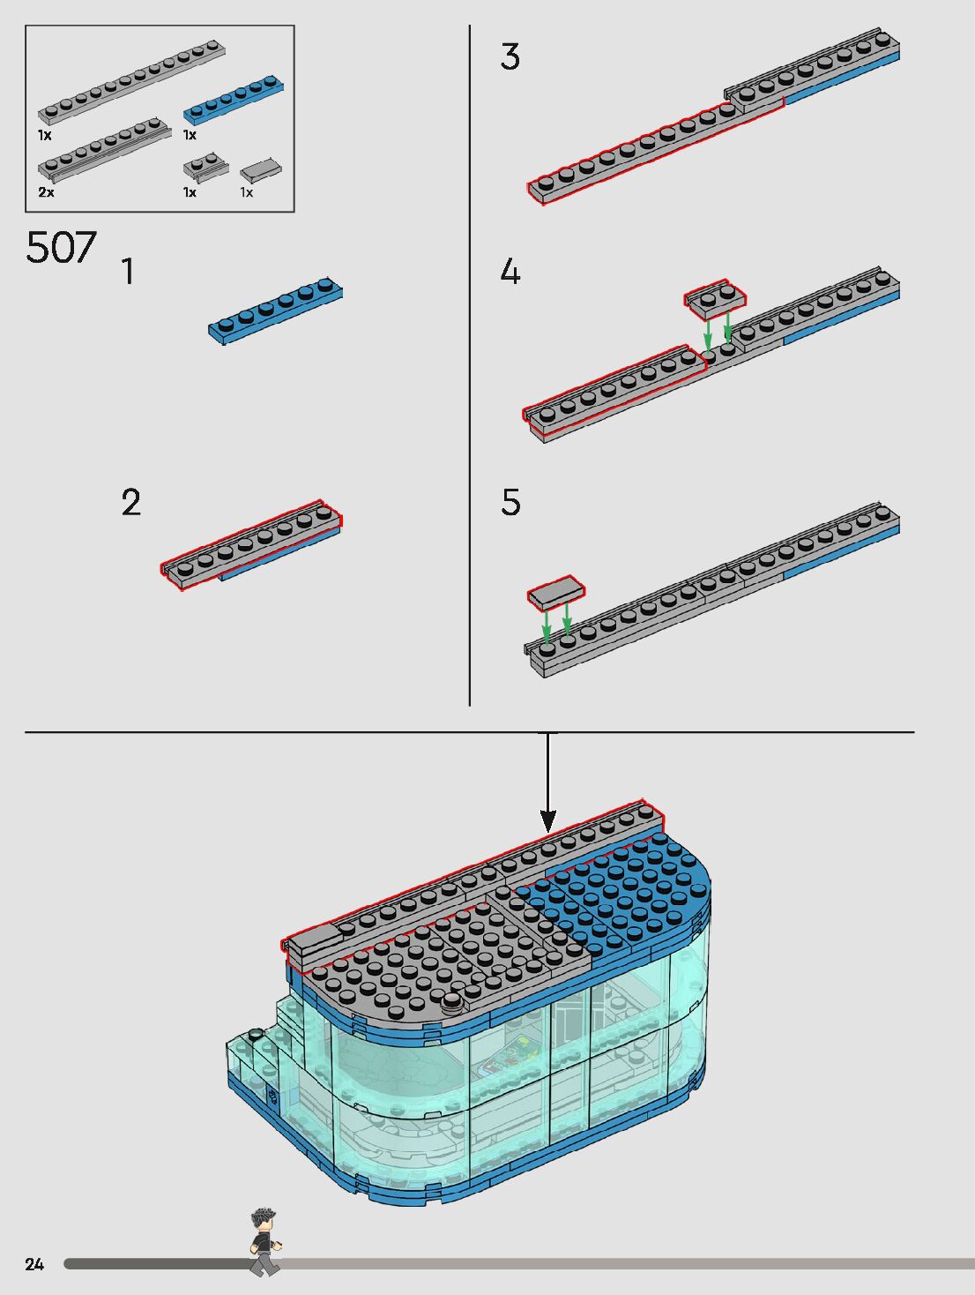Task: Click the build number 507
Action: (61, 247)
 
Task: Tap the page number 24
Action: (34, 1264)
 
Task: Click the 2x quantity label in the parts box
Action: (46, 191)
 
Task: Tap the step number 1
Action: (129, 272)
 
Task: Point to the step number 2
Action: (130, 503)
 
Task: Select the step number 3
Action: (510, 57)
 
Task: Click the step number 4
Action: (510, 271)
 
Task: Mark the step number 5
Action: (510, 503)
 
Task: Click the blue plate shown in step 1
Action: (275, 311)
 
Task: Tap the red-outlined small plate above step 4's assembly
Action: (716, 299)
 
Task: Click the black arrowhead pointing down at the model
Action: (548, 820)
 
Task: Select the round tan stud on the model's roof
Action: (453, 1000)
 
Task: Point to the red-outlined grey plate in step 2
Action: (252, 546)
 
